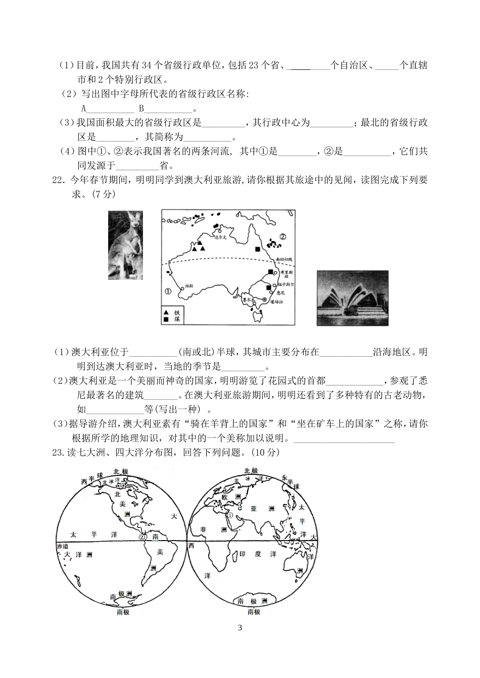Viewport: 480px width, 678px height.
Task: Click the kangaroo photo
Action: [125, 245]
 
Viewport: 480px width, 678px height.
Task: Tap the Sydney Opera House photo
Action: [352, 299]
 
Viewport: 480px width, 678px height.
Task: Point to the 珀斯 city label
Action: [190, 285]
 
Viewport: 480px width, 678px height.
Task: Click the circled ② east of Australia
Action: [283, 236]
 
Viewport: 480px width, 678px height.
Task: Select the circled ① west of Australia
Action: [168, 291]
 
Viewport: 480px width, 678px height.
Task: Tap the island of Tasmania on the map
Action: [258, 316]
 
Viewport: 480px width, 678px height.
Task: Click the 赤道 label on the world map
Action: [62, 547]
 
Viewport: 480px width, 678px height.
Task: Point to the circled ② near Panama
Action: [142, 538]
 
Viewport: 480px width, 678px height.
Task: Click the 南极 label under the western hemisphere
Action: [123, 612]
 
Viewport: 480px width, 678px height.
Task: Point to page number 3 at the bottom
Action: [240, 628]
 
